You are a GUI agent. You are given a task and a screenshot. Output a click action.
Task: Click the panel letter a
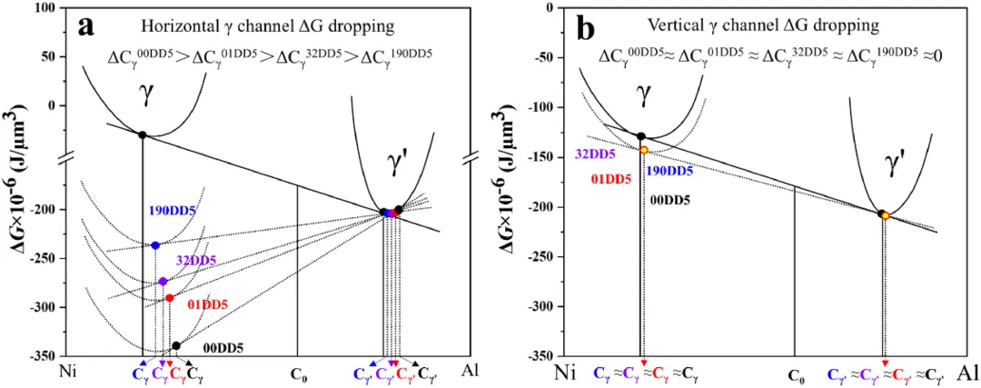coord(88,25)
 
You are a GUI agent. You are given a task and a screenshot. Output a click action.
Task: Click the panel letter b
coord(586,28)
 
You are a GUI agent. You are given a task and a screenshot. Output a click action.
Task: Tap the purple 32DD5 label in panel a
coord(195,261)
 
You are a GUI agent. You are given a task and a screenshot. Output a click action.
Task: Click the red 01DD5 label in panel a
coord(207,304)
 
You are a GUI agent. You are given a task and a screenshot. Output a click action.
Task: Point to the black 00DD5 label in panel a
coord(223,347)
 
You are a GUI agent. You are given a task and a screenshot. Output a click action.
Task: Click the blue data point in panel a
coord(155,245)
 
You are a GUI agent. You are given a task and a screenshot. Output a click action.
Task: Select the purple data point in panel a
coord(163,282)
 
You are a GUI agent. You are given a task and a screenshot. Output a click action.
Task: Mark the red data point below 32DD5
coord(169,298)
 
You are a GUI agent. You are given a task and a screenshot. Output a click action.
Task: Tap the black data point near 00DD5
coord(176,345)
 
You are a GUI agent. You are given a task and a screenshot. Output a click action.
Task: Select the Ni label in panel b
coord(565,373)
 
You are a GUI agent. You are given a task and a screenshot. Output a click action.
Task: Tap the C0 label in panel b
coord(796,374)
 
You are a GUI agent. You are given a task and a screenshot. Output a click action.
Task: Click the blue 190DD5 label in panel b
coord(668,171)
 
